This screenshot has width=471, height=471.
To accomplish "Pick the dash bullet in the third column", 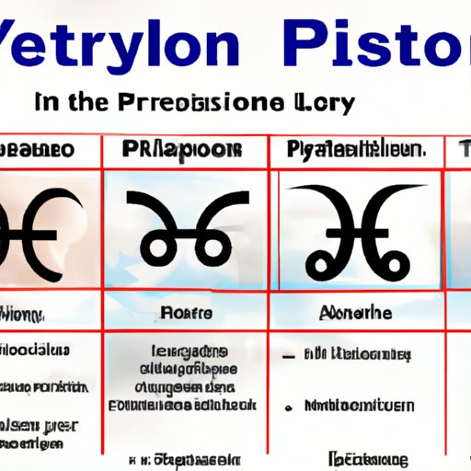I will click(x=292, y=353).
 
